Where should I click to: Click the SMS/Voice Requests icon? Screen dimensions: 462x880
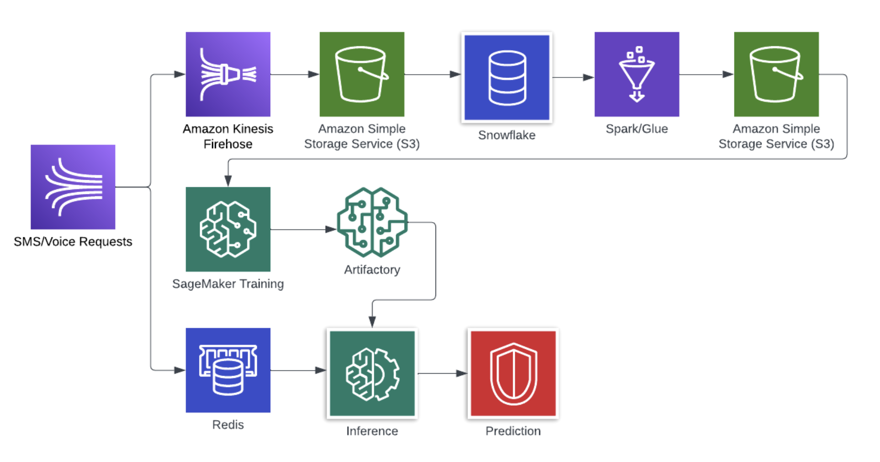(73, 187)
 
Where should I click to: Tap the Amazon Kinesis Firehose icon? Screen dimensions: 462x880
(228, 74)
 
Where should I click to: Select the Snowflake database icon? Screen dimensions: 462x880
(507, 77)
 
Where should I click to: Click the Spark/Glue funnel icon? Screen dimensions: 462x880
(636, 74)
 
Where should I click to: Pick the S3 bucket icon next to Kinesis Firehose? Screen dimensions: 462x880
(361, 74)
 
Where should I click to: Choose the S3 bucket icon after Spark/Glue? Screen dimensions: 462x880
(776, 74)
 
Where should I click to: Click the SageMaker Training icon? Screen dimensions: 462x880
(228, 229)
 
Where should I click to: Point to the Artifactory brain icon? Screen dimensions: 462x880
(372, 222)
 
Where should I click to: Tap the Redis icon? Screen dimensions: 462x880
(228, 370)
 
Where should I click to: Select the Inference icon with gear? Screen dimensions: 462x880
(372, 373)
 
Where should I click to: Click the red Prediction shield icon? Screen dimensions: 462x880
(513, 373)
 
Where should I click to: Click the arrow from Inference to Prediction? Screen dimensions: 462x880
(442, 373)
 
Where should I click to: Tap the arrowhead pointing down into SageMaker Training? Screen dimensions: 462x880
(228, 181)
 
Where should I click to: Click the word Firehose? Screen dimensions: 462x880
(228, 144)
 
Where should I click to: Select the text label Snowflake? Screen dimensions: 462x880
(507, 135)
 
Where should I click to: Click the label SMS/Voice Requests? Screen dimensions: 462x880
(73, 242)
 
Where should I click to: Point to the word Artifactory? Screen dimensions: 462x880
(372, 270)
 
